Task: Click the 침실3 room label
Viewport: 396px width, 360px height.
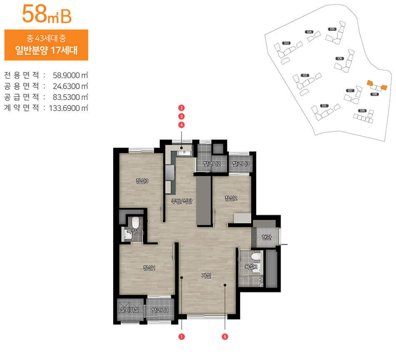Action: [142, 180]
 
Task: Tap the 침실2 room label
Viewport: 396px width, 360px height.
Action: [231, 198]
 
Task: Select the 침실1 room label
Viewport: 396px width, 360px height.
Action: [149, 267]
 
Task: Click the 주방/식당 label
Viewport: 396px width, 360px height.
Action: [182, 202]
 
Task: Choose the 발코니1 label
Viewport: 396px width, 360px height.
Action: [160, 310]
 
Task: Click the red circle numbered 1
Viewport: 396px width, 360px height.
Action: [182, 336]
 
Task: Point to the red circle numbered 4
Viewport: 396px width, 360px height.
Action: [182, 125]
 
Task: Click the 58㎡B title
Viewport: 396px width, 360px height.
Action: [47, 15]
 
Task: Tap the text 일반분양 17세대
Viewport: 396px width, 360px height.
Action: [46, 52]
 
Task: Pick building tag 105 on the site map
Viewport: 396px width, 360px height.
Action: [332, 29]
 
